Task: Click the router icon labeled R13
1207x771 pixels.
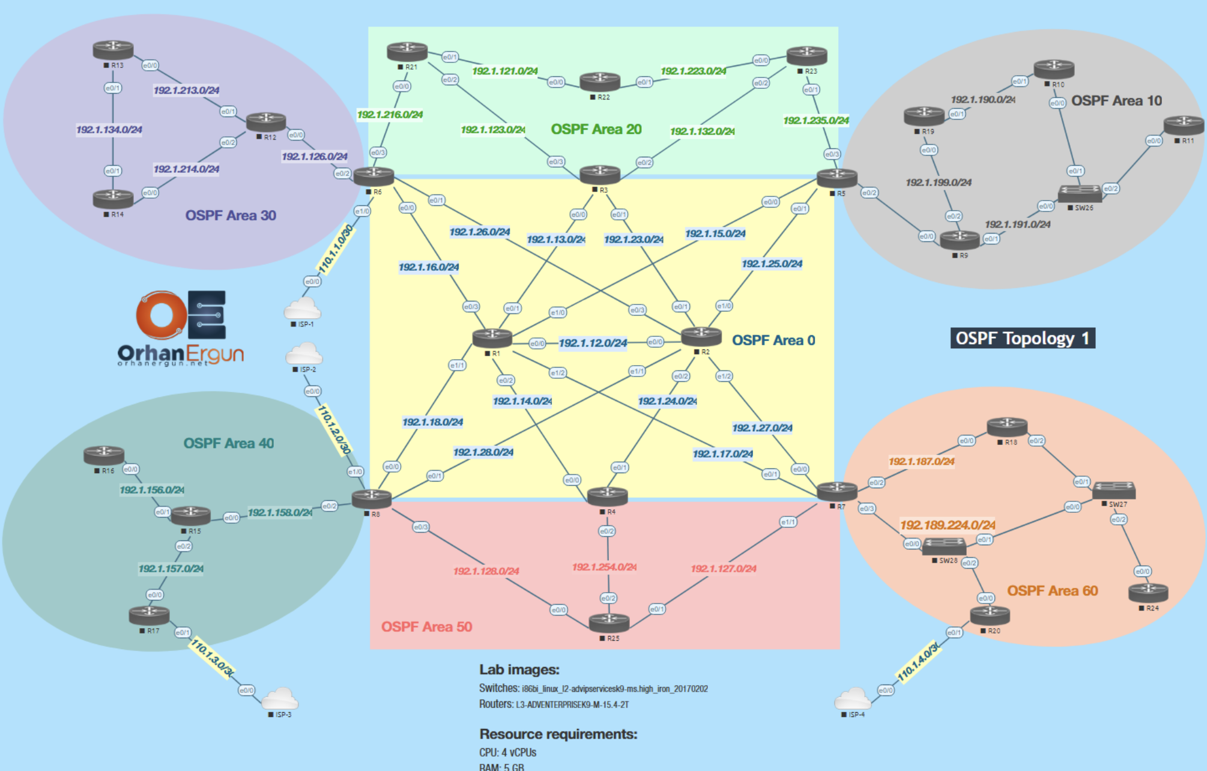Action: (x=113, y=49)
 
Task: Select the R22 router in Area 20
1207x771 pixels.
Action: (x=599, y=80)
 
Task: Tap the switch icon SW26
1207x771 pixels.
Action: (x=1080, y=193)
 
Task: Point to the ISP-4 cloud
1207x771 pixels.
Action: (x=852, y=699)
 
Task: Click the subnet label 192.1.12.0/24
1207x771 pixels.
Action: (x=593, y=343)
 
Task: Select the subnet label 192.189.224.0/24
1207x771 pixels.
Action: (x=948, y=525)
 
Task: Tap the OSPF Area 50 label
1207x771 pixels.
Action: (x=426, y=626)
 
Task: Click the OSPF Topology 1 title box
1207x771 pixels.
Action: (x=1022, y=338)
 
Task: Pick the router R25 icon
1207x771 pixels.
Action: (x=609, y=623)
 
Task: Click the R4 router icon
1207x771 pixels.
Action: (x=607, y=496)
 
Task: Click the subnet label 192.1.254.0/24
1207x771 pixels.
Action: (x=604, y=567)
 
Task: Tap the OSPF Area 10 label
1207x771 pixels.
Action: (x=1116, y=101)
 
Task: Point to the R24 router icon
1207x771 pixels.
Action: (x=1148, y=592)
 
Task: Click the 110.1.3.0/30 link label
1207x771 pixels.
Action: (x=211, y=658)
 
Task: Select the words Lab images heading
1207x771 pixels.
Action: (x=519, y=670)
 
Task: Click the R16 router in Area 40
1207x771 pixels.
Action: (x=104, y=455)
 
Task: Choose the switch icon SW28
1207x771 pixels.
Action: (x=943, y=546)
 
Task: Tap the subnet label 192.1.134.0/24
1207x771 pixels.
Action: (x=109, y=130)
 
